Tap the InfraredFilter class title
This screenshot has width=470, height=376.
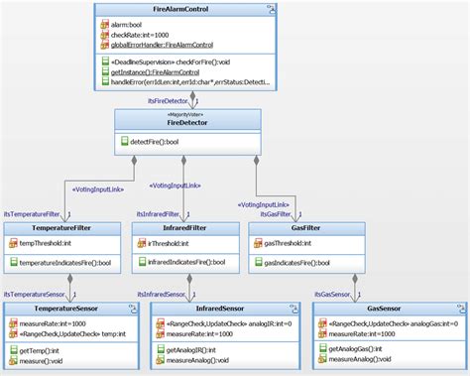(185, 228)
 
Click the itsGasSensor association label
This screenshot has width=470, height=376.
(328, 295)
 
